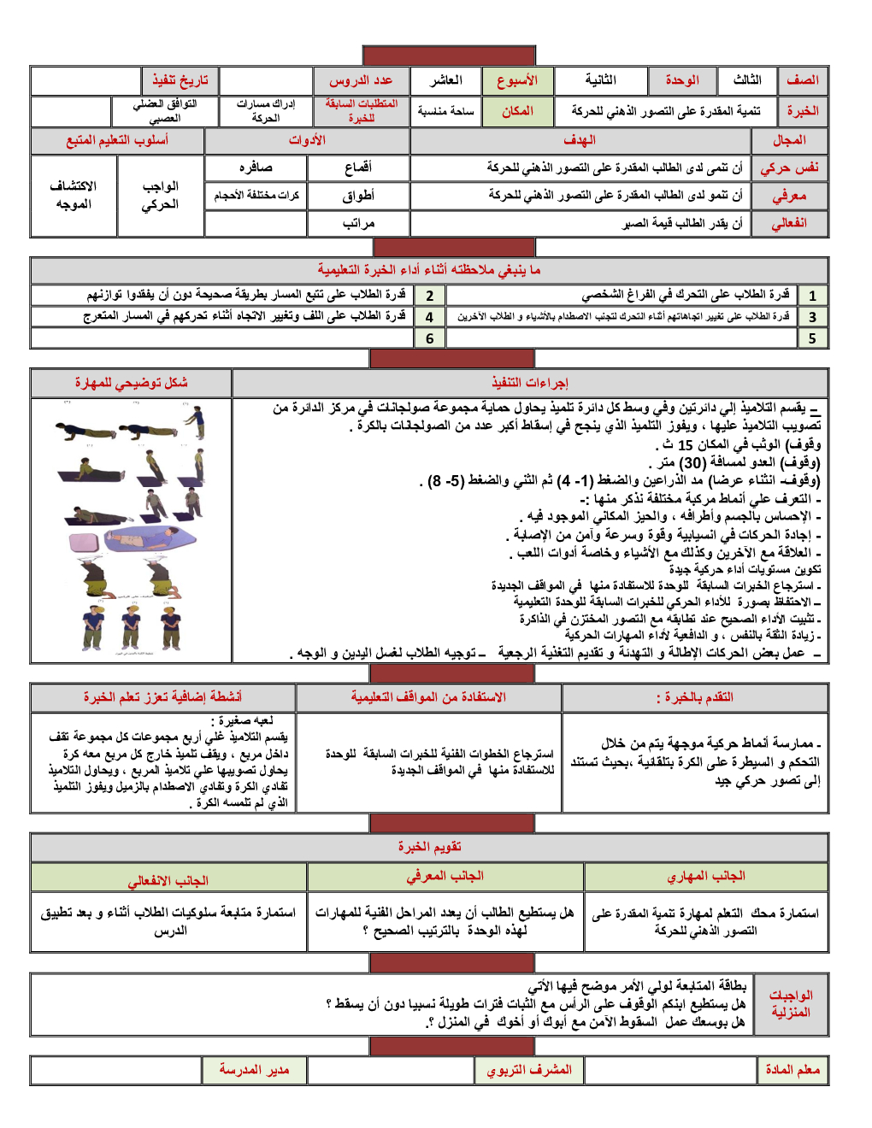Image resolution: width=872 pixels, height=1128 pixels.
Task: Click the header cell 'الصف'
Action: [x=803, y=80]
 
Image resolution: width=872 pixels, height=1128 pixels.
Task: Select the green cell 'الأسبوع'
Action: [x=517, y=80]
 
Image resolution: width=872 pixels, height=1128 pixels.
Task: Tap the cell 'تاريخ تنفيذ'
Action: [x=180, y=80]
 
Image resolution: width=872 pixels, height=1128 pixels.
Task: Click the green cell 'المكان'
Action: [x=517, y=111]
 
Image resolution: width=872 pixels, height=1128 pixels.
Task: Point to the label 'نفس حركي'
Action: [x=789, y=167]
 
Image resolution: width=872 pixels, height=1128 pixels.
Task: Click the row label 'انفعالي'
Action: [x=789, y=223]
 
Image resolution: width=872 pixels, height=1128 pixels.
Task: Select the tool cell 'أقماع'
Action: [x=358, y=167]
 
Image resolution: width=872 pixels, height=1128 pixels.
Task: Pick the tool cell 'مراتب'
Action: [x=358, y=223]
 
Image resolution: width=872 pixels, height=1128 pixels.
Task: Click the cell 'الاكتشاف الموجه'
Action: [x=74, y=195]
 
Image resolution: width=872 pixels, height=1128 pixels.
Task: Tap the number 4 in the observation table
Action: [x=429, y=317]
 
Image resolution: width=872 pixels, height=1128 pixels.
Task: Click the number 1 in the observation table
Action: [x=812, y=296]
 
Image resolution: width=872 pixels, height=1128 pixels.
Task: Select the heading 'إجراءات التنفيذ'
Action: [x=530, y=383]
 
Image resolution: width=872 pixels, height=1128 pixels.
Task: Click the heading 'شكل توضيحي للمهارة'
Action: [x=131, y=383]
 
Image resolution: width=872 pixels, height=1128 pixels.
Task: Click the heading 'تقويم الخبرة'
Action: [x=429, y=847]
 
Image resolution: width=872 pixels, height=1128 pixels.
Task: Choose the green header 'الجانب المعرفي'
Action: [x=445, y=876]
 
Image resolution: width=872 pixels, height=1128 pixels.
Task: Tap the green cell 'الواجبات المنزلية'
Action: [x=791, y=1004]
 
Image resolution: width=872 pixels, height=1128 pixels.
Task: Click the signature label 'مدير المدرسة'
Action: [x=254, y=1070]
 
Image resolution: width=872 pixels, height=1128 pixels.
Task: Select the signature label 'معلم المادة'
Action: [x=792, y=1070]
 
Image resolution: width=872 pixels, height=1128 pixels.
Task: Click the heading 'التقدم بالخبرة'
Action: [x=694, y=697]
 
